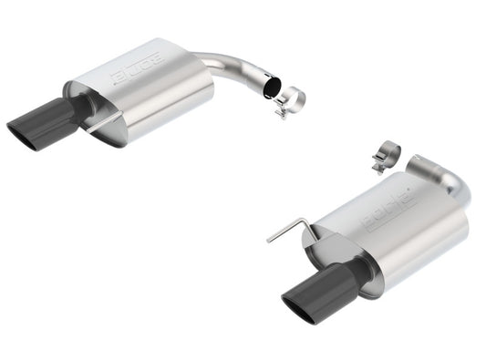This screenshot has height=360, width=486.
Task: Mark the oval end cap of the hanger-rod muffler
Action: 351,264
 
